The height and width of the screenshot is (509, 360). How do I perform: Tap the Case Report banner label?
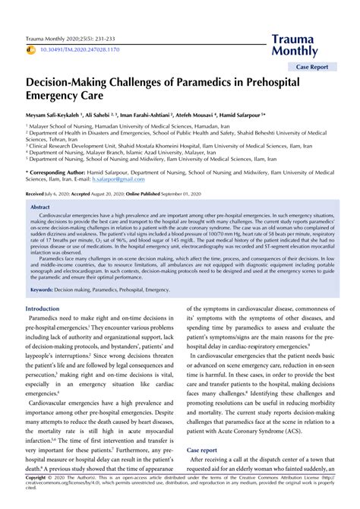pos(313,66)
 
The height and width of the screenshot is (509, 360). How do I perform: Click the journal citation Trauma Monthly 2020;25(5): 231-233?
pos(71,36)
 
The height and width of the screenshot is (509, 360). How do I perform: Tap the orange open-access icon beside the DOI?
pos(31,49)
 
